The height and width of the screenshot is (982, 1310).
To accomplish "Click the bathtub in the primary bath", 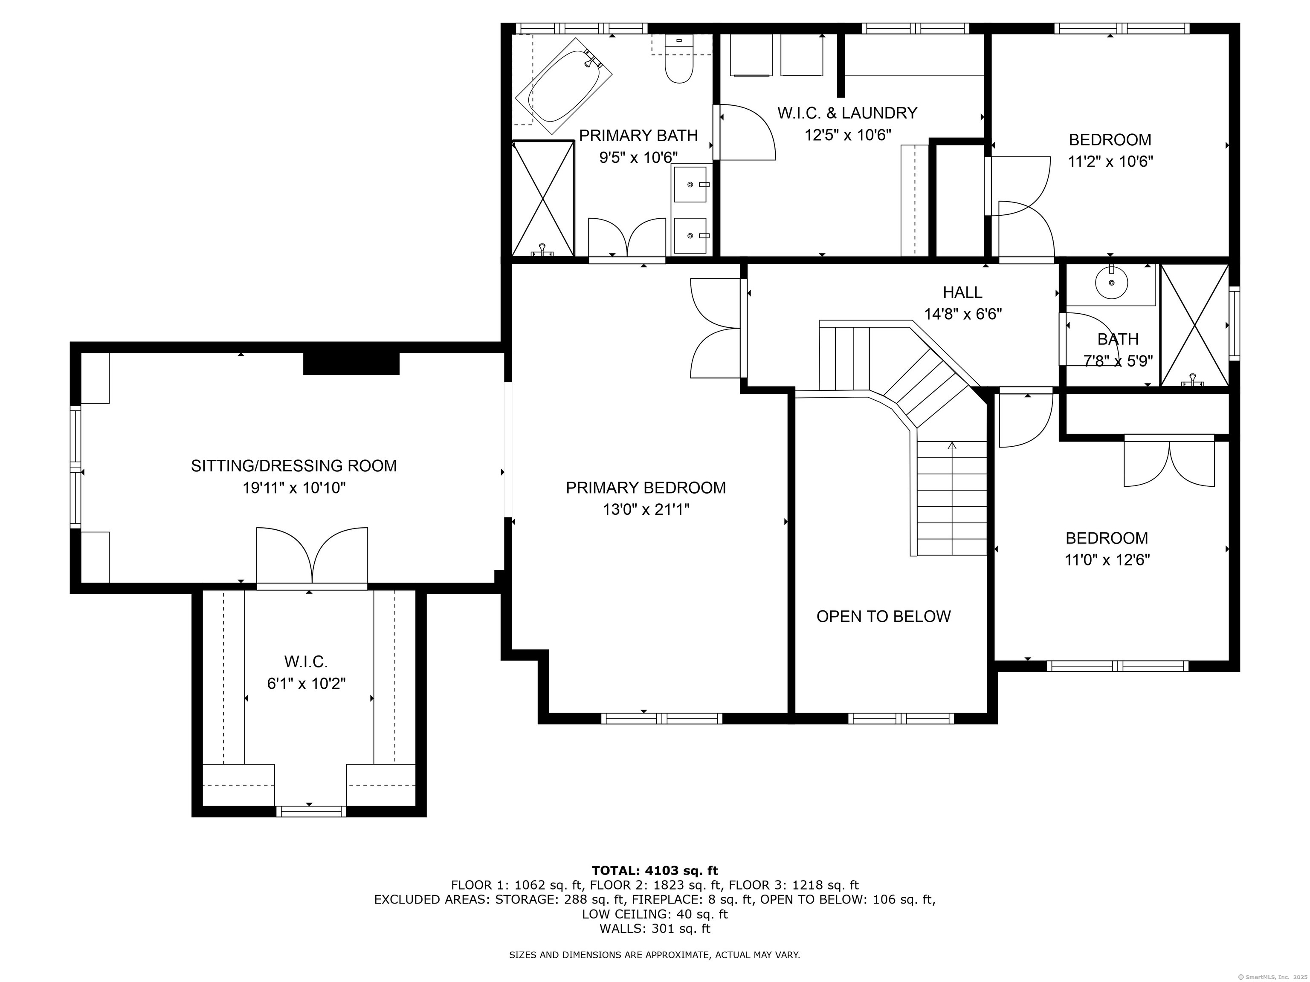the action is coord(564,86).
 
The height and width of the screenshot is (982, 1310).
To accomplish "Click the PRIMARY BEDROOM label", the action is coord(646,488).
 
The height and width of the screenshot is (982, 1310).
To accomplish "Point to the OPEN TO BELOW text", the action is coord(883,617).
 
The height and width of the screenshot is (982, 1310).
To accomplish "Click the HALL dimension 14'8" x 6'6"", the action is coord(963,314).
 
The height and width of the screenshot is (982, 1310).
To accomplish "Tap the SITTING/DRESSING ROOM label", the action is coord(294,466).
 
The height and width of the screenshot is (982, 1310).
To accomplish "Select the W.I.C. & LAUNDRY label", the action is coord(847,113).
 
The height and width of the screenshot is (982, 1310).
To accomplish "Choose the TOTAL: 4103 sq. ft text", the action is coord(655,871).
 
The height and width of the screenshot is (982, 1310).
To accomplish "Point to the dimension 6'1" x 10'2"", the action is coord(306,684).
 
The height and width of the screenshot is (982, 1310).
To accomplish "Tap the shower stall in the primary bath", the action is coord(543,198).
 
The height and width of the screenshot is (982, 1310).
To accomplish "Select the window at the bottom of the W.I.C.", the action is coord(311,812).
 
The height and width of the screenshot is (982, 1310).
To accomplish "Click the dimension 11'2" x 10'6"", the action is coord(1110,162).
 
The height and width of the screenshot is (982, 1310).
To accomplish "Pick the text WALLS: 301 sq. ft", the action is coord(655,929).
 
